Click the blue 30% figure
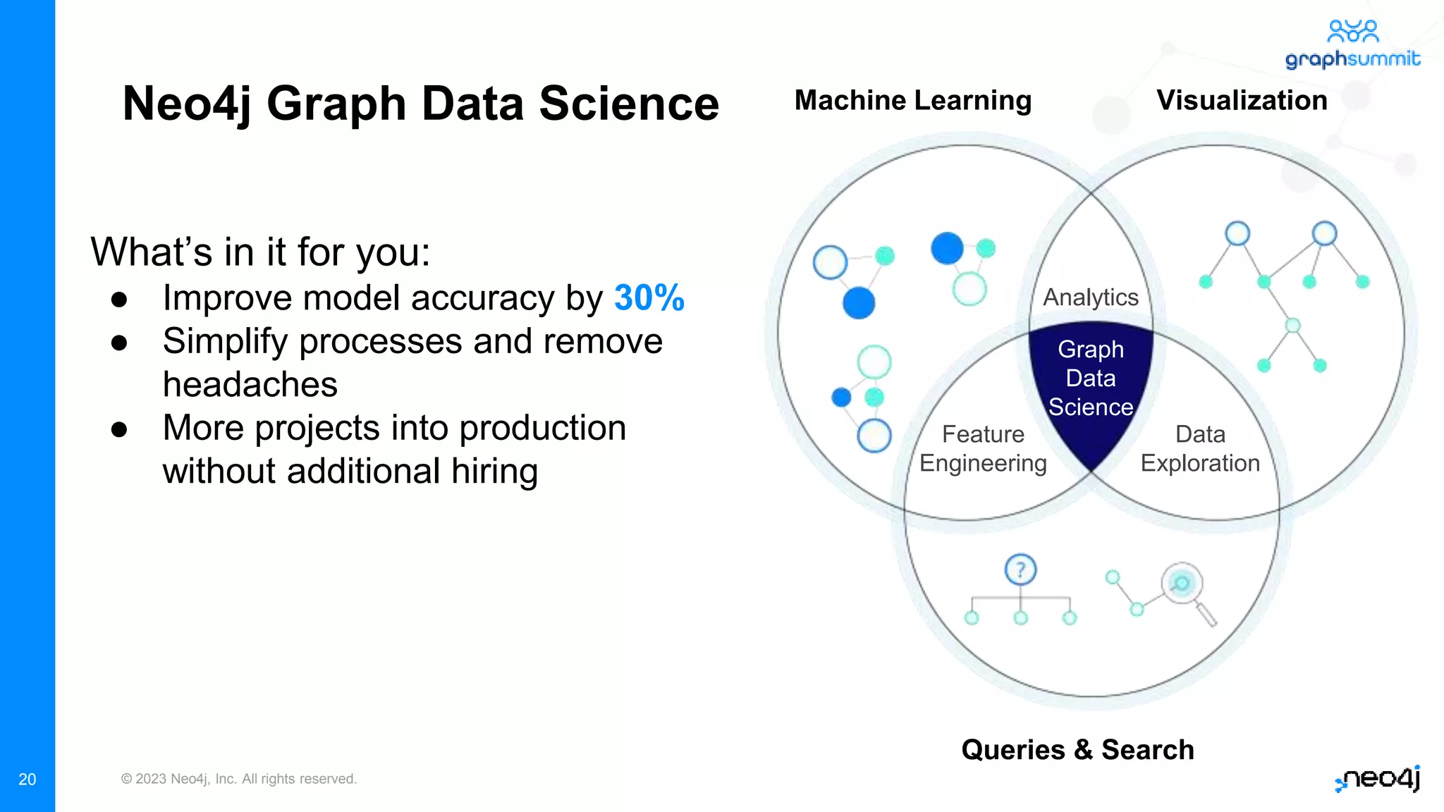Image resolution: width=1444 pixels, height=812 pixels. coord(649,297)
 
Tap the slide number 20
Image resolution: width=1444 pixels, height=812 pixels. coord(27,779)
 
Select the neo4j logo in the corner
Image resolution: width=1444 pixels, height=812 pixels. coord(1378,778)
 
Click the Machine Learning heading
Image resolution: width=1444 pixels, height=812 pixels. coord(912,100)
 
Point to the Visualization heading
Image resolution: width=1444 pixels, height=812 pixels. coord(1242,100)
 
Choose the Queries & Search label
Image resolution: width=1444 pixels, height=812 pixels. coord(1077,749)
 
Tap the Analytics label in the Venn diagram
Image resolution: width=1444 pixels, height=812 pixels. coord(1090,297)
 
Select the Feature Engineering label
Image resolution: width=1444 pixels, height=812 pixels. coord(983,448)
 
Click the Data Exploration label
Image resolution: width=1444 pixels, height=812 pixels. coord(1200,448)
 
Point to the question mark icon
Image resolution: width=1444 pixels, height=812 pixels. coord(1020,570)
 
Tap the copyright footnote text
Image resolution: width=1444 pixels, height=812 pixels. coord(239,779)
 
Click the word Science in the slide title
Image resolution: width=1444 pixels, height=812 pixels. coord(629,104)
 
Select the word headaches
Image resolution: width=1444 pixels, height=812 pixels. coord(250,385)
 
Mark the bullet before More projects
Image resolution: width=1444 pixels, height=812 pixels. coord(119,429)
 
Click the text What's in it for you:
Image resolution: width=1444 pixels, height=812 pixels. coord(260,252)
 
